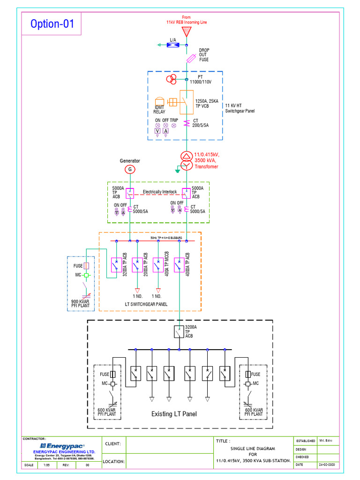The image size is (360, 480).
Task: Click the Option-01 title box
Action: point(52,24)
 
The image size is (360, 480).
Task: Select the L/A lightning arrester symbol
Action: point(172,45)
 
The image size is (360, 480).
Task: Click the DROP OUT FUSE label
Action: point(204,55)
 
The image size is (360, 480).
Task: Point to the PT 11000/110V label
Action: point(201,79)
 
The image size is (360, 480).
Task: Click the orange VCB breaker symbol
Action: point(187,102)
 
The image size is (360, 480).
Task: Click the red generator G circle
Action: point(130,169)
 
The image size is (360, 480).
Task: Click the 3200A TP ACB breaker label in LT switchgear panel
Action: point(125,264)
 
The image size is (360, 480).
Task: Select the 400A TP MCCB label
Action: point(167,264)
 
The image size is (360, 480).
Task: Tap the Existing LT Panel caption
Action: point(174,414)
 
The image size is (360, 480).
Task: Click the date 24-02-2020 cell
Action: point(327,465)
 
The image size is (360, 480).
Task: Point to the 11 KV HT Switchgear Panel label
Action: point(240,108)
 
